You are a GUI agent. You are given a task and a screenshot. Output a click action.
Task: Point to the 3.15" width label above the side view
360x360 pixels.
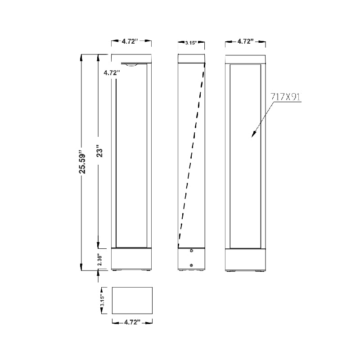[x=192, y=43]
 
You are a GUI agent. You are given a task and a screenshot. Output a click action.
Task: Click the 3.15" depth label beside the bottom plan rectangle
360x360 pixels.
[x=103, y=301]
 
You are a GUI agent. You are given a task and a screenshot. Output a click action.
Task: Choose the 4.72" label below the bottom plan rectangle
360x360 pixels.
[x=131, y=322]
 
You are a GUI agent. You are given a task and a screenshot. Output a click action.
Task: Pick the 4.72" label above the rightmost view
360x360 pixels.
[x=246, y=41]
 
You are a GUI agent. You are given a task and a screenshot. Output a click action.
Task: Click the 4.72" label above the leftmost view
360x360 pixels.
[x=131, y=41]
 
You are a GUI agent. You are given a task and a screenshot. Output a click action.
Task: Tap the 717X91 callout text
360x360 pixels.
[x=286, y=97]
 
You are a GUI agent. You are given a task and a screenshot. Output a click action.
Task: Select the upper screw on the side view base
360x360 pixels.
[x=192, y=251]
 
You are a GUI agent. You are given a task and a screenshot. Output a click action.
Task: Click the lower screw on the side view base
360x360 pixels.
[x=192, y=265]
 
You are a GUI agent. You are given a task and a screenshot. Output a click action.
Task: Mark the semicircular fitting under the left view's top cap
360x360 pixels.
[x=132, y=65]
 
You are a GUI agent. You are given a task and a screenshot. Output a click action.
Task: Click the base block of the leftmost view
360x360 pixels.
[x=131, y=259]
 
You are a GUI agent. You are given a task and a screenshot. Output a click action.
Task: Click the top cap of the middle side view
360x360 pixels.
[x=192, y=58]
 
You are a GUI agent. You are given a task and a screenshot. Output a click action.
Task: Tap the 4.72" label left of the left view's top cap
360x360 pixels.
[x=111, y=72]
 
